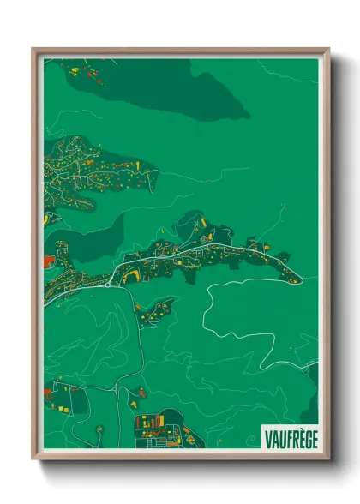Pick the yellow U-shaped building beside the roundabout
click(132, 274)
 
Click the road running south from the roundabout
click(137, 343)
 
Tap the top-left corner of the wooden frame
click(34, 50)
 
